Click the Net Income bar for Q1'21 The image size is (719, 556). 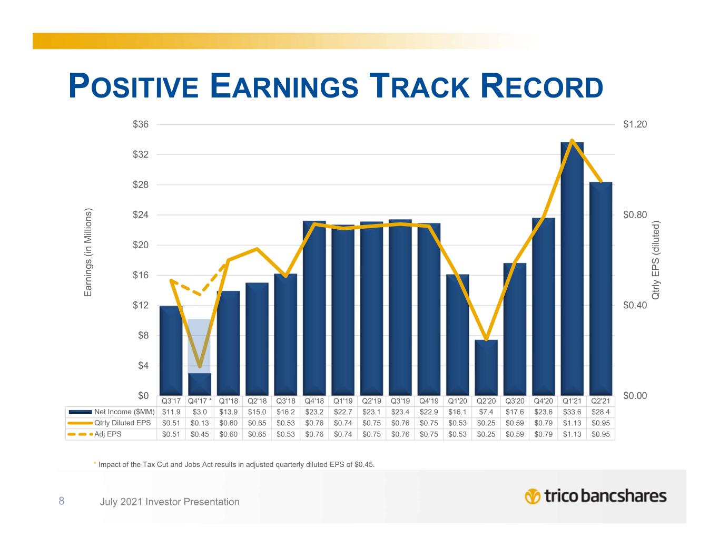point(572,269)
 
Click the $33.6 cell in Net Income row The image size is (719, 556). point(572,411)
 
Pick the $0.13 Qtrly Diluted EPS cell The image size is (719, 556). point(200,423)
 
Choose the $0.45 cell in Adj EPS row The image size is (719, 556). point(200,434)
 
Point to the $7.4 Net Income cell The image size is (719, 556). point(486,411)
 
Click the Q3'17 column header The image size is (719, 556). point(171,401)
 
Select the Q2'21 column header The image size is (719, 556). point(600,401)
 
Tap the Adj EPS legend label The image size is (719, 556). point(108,434)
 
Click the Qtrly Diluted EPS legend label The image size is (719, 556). point(122,423)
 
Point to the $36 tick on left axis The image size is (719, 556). point(141,125)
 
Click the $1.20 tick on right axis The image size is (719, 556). point(635,125)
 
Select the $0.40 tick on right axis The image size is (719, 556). point(635,306)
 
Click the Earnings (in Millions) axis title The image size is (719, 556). point(88,252)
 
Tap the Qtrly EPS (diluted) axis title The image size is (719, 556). point(656,260)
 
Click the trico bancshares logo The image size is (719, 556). point(596,496)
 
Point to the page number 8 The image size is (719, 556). point(62,501)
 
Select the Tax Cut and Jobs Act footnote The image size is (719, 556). point(236,464)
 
